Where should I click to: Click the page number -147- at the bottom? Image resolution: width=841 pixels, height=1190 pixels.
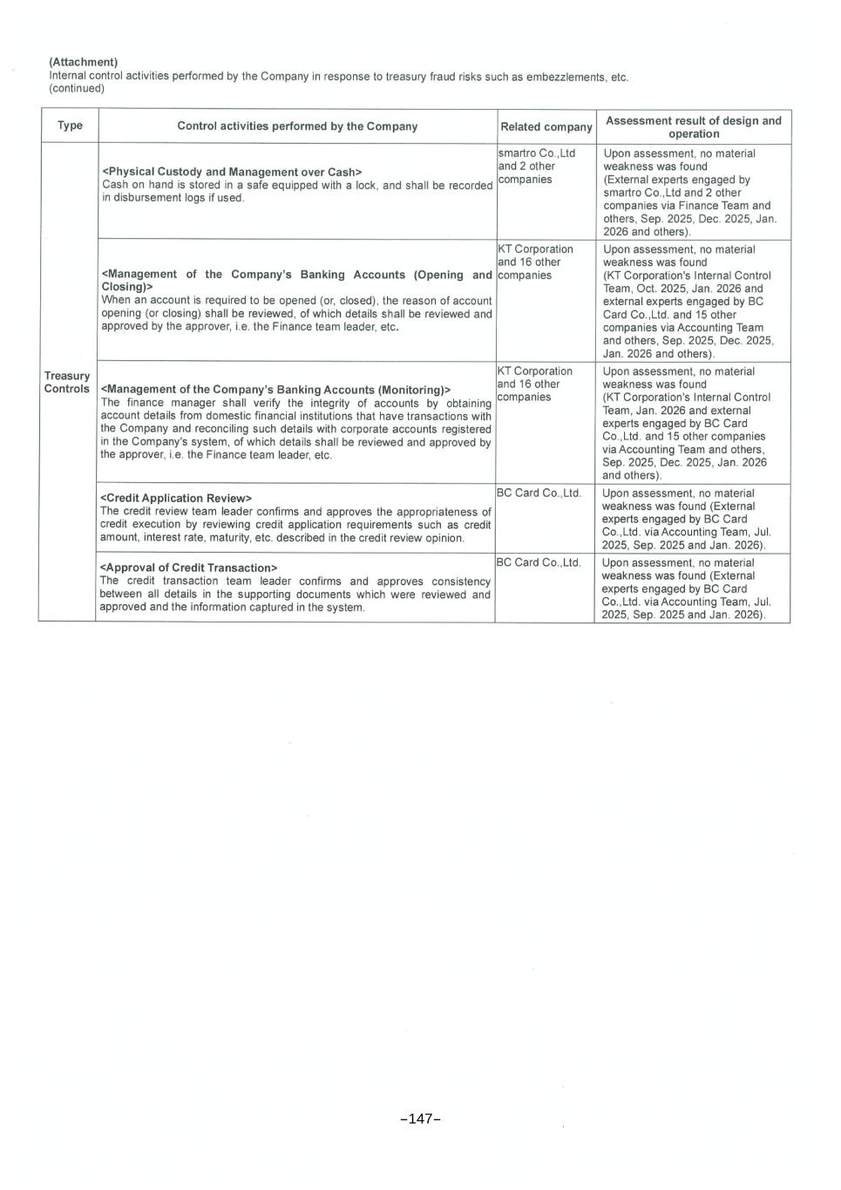tap(420, 1119)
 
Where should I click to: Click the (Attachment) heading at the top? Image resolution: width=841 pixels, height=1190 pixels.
tap(84, 62)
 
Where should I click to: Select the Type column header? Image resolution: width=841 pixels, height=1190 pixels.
tap(70, 126)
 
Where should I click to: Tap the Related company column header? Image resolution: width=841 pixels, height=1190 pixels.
tap(546, 126)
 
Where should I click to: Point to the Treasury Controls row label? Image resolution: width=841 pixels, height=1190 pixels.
tap(67, 382)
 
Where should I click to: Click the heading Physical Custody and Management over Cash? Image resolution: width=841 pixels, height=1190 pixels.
tap(232, 172)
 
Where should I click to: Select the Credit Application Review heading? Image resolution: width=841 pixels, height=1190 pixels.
tap(176, 498)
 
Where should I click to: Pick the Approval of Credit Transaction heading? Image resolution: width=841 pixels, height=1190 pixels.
tap(189, 568)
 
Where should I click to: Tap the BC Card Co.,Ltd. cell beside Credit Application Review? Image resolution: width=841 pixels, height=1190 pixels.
tap(539, 493)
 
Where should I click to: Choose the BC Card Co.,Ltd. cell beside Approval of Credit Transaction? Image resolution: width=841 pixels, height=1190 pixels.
tap(539, 562)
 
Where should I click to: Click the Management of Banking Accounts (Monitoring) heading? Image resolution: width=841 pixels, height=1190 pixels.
tap(275, 390)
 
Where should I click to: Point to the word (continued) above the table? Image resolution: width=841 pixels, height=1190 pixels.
tap(77, 88)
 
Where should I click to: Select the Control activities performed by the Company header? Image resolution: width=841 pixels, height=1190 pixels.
tap(297, 126)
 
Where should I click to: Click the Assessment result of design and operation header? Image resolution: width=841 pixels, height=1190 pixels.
tap(693, 126)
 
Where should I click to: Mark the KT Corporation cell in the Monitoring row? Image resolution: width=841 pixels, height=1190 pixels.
tap(535, 371)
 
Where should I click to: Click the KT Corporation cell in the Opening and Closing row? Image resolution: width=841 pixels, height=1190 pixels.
tap(536, 249)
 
